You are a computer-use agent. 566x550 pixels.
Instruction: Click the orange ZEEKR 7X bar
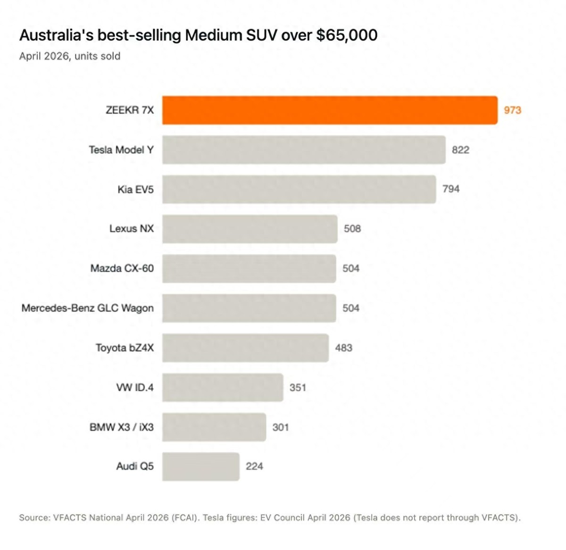(x=330, y=110)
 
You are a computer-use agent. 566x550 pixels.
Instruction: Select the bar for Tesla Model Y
(x=304, y=150)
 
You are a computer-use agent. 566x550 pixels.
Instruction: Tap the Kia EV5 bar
(x=299, y=189)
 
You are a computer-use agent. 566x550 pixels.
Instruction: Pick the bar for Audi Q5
(x=200, y=467)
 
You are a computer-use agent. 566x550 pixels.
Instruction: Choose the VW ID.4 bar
(x=223, y=387)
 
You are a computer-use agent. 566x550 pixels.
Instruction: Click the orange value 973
(x=513, y=110)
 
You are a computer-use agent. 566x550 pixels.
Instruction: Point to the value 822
(x=460, y=150)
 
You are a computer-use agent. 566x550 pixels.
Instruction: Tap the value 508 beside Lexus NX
(x=352, y=229)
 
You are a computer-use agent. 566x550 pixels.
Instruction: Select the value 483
(x=343, y=348)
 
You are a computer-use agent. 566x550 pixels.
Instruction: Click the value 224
(x=254, y=467)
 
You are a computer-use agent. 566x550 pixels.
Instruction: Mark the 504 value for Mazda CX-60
(x=351, y=268)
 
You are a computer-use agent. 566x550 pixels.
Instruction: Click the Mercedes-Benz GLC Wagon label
(x=88, y=308)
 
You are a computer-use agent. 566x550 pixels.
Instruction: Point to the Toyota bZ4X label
(x=125, y=348)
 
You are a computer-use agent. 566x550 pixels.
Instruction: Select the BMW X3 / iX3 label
(x=122, y=427)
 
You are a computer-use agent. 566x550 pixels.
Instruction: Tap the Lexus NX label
(x=132, y=229)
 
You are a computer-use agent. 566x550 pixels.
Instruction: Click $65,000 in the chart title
(x=347, y=35)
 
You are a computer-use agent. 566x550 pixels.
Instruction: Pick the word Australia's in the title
(x=57, y=35)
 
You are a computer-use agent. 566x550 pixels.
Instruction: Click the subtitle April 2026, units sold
(x=70, y=56)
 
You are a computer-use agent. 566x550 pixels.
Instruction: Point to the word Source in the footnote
(x=34, y=518)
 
